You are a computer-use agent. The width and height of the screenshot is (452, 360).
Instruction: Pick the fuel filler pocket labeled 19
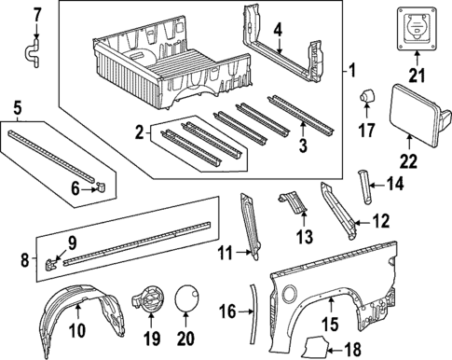[x=148, y=300]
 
